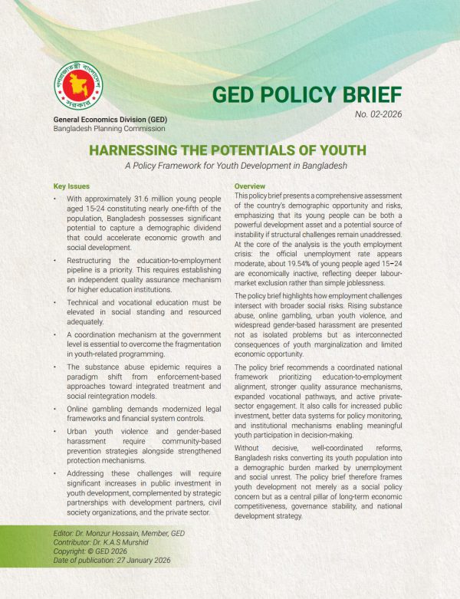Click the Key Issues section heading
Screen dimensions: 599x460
(x=71, y=186)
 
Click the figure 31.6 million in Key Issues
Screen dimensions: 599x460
(x=166, y=198)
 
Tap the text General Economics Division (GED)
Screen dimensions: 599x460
(x=110, y=120)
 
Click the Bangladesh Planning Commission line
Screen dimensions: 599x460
(x=109, y=129)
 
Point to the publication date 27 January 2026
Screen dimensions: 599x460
(x=157, y=562)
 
